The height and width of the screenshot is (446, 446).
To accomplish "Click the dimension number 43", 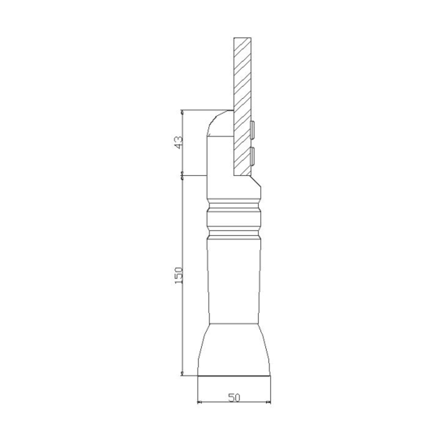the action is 179,142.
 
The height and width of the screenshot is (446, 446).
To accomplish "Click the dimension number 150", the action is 179,275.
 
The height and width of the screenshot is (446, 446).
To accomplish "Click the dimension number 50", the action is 234,397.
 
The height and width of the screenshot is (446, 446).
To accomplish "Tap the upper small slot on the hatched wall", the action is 252,130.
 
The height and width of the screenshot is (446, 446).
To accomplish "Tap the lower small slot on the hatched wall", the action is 252,157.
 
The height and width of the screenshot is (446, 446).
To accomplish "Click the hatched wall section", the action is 242,106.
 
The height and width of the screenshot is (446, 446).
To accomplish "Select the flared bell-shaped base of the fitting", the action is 234,350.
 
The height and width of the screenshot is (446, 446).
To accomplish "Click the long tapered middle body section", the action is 234,281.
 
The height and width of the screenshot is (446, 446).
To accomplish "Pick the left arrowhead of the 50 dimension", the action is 199,402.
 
